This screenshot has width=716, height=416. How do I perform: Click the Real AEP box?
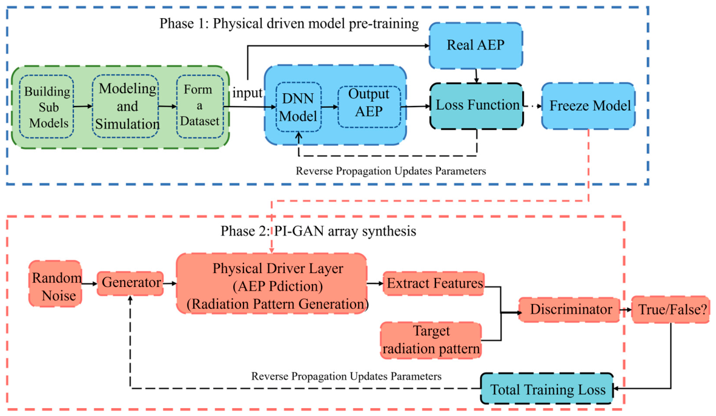[x=476, y=45]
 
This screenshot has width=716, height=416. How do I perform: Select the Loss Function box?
[x=477, y=106]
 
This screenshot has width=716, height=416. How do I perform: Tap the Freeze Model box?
[x=588, y=106]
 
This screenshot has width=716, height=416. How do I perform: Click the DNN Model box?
[x=299, y=107]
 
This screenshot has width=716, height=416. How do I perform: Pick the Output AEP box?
[x=369, y=107]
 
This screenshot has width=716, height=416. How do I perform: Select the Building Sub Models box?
[x=47, y=107]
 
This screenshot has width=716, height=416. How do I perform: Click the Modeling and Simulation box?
[x=125, y=107]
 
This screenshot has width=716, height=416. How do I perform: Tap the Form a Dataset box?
[x=199, y=107]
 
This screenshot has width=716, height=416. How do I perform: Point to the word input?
[x=248, y=93]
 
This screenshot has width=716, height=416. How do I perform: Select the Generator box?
[x=130, y=283]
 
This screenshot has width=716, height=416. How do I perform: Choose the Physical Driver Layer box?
[x=272, y=283]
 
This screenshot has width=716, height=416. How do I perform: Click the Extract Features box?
[x=433, y=283]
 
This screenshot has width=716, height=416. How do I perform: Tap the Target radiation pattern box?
[x=431, y=340]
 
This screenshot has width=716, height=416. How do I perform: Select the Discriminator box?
[x=569, y=309]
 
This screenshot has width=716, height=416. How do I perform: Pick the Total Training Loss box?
[x=546, y=389]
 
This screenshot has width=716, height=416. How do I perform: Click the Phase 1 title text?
[x=289, y=24]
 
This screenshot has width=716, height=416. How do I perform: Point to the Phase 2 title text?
[x=318, y=231]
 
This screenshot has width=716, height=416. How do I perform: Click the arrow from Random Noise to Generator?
[x=90, y=283]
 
